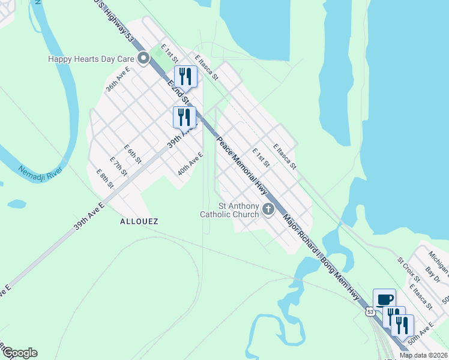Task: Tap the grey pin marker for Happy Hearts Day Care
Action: [x=143, y=59]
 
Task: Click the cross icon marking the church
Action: [x=268, y=209]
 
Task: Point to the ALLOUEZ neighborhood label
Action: [x=139, y=221]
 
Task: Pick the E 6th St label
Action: [x=133, y=154]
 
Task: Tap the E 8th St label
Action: [x=105, y=178]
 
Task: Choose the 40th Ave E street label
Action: [x=190, y=164]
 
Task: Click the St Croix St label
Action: [x=408, y=269]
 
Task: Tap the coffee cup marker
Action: [x=384, y=299]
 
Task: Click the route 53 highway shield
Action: [x=371, y=311]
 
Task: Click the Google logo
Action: [x=19, y=353]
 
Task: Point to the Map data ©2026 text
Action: [x=424, y=355]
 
